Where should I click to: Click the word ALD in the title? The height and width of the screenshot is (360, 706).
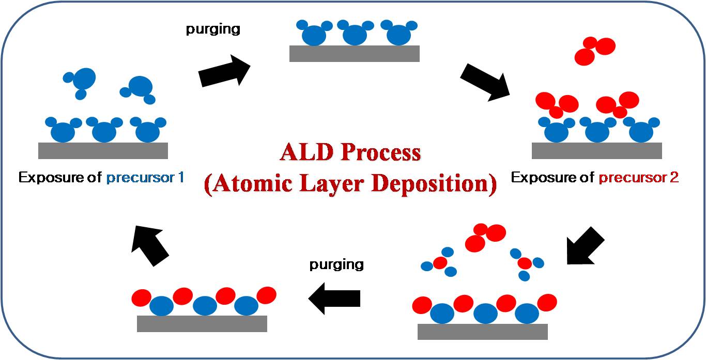tap(306, 152)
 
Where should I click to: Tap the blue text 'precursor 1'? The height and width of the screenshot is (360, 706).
tap(145, 178)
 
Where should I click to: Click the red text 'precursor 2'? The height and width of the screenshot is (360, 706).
tap(638, 178)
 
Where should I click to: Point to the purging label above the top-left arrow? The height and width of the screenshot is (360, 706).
tap(213, 29)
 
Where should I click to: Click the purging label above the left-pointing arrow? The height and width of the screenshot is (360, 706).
tap(336, 264)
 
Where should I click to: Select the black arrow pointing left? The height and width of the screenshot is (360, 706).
tap(334, 298)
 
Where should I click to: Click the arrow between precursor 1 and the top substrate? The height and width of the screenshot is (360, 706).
tap(224, 71)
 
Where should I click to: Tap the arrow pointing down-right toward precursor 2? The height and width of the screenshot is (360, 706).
tap(485, 83)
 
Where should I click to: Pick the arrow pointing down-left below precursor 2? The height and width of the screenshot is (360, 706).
tap(585, 246)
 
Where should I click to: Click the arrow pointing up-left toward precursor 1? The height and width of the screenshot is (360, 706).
tap(150, 246)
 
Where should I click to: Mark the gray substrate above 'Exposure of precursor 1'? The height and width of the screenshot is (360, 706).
tap(103, 150)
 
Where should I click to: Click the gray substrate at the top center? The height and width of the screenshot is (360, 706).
tap(354, 54)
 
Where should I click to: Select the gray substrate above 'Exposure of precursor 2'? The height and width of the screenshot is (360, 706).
tap(596, 150)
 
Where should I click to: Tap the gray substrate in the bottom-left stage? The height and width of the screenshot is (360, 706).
tap(202, 324)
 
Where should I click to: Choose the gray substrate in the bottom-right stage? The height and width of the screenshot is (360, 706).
tap(483, 332)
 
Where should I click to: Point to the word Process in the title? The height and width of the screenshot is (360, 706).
tap(381, 152)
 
